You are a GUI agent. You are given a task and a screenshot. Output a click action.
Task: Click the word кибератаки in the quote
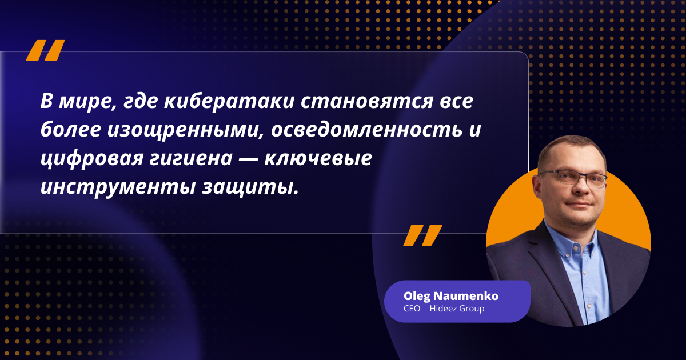point(229,101)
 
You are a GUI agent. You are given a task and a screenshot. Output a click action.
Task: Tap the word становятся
point(367,101)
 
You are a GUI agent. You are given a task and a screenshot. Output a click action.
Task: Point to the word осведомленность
point(366,129)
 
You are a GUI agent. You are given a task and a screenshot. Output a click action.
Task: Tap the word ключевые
point(318,158)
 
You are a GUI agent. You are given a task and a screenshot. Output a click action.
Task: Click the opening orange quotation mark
point(45,50)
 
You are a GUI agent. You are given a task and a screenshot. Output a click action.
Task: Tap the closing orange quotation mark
point(422,235)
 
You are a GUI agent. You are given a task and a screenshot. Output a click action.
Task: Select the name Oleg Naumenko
point(451,296)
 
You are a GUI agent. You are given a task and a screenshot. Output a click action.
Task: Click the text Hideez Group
point(457,309)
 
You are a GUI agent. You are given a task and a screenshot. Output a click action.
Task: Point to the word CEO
point(412,309)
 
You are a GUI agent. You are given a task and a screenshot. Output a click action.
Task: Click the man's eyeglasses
point(572,178)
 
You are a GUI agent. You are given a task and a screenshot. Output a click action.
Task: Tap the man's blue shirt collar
point(572,242)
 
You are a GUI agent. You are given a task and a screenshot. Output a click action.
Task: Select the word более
point(71,130)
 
